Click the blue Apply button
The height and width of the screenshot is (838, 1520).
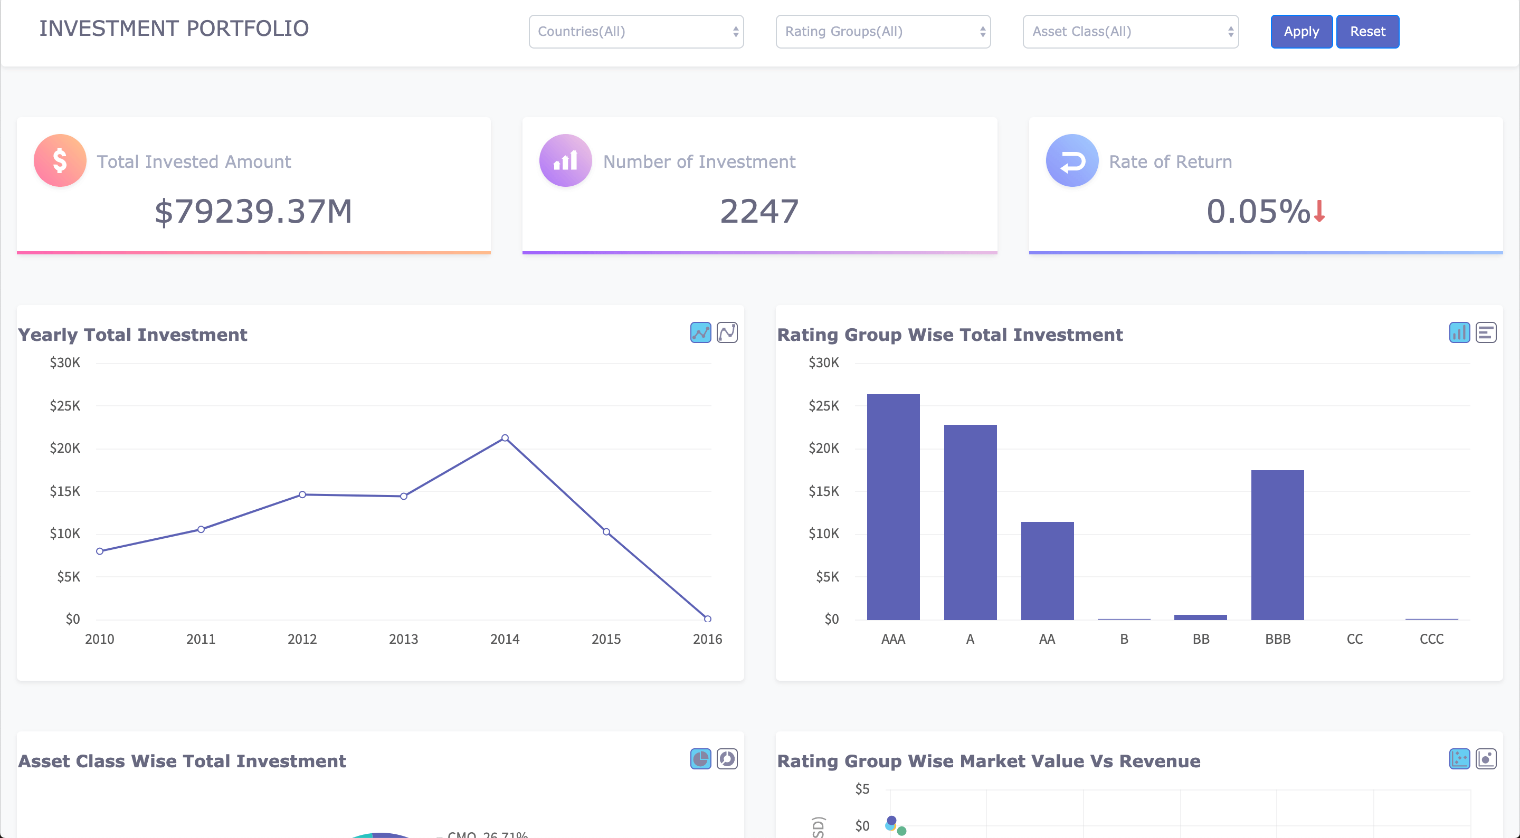pyautogui.click(x=1300, y=31)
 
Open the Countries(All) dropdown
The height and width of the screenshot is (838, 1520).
pyautogui.click(x=635, y=31)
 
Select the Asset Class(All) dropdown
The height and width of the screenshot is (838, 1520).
pyautogui.click(x=1129, y=31)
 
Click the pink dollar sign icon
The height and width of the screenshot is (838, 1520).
pyautogui.click(x=60, y=160)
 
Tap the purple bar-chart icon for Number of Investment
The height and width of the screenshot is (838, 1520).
pyautogui.click(x=565, y=160)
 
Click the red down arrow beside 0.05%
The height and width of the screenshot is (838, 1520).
pyautogui.click(x=1319, y=211)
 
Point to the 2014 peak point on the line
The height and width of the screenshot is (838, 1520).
pyautogui.click(x=505, y=438)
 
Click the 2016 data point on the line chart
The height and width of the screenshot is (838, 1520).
pyautogui.click(x=707, y=618)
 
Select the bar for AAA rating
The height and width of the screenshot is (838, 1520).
pyautogui.click(x=893, y=508)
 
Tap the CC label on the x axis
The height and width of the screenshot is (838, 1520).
pyautogui.click(x=1354, y=639)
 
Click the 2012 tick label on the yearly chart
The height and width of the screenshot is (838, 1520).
pyautogui.click(x=302, y=639)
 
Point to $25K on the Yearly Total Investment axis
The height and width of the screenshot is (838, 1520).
pyautogui.click(x=65, y=406)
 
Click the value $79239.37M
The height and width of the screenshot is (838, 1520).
pyautogui.click(x=253, y=211)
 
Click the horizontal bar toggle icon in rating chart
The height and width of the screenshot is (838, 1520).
pyautogui.click(x=1485, y=333)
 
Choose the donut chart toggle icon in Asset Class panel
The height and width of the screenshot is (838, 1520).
pyautogui.click(x=726, y=759)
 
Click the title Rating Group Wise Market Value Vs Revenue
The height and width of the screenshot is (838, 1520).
pyautogui.click(x=988, y=761)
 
